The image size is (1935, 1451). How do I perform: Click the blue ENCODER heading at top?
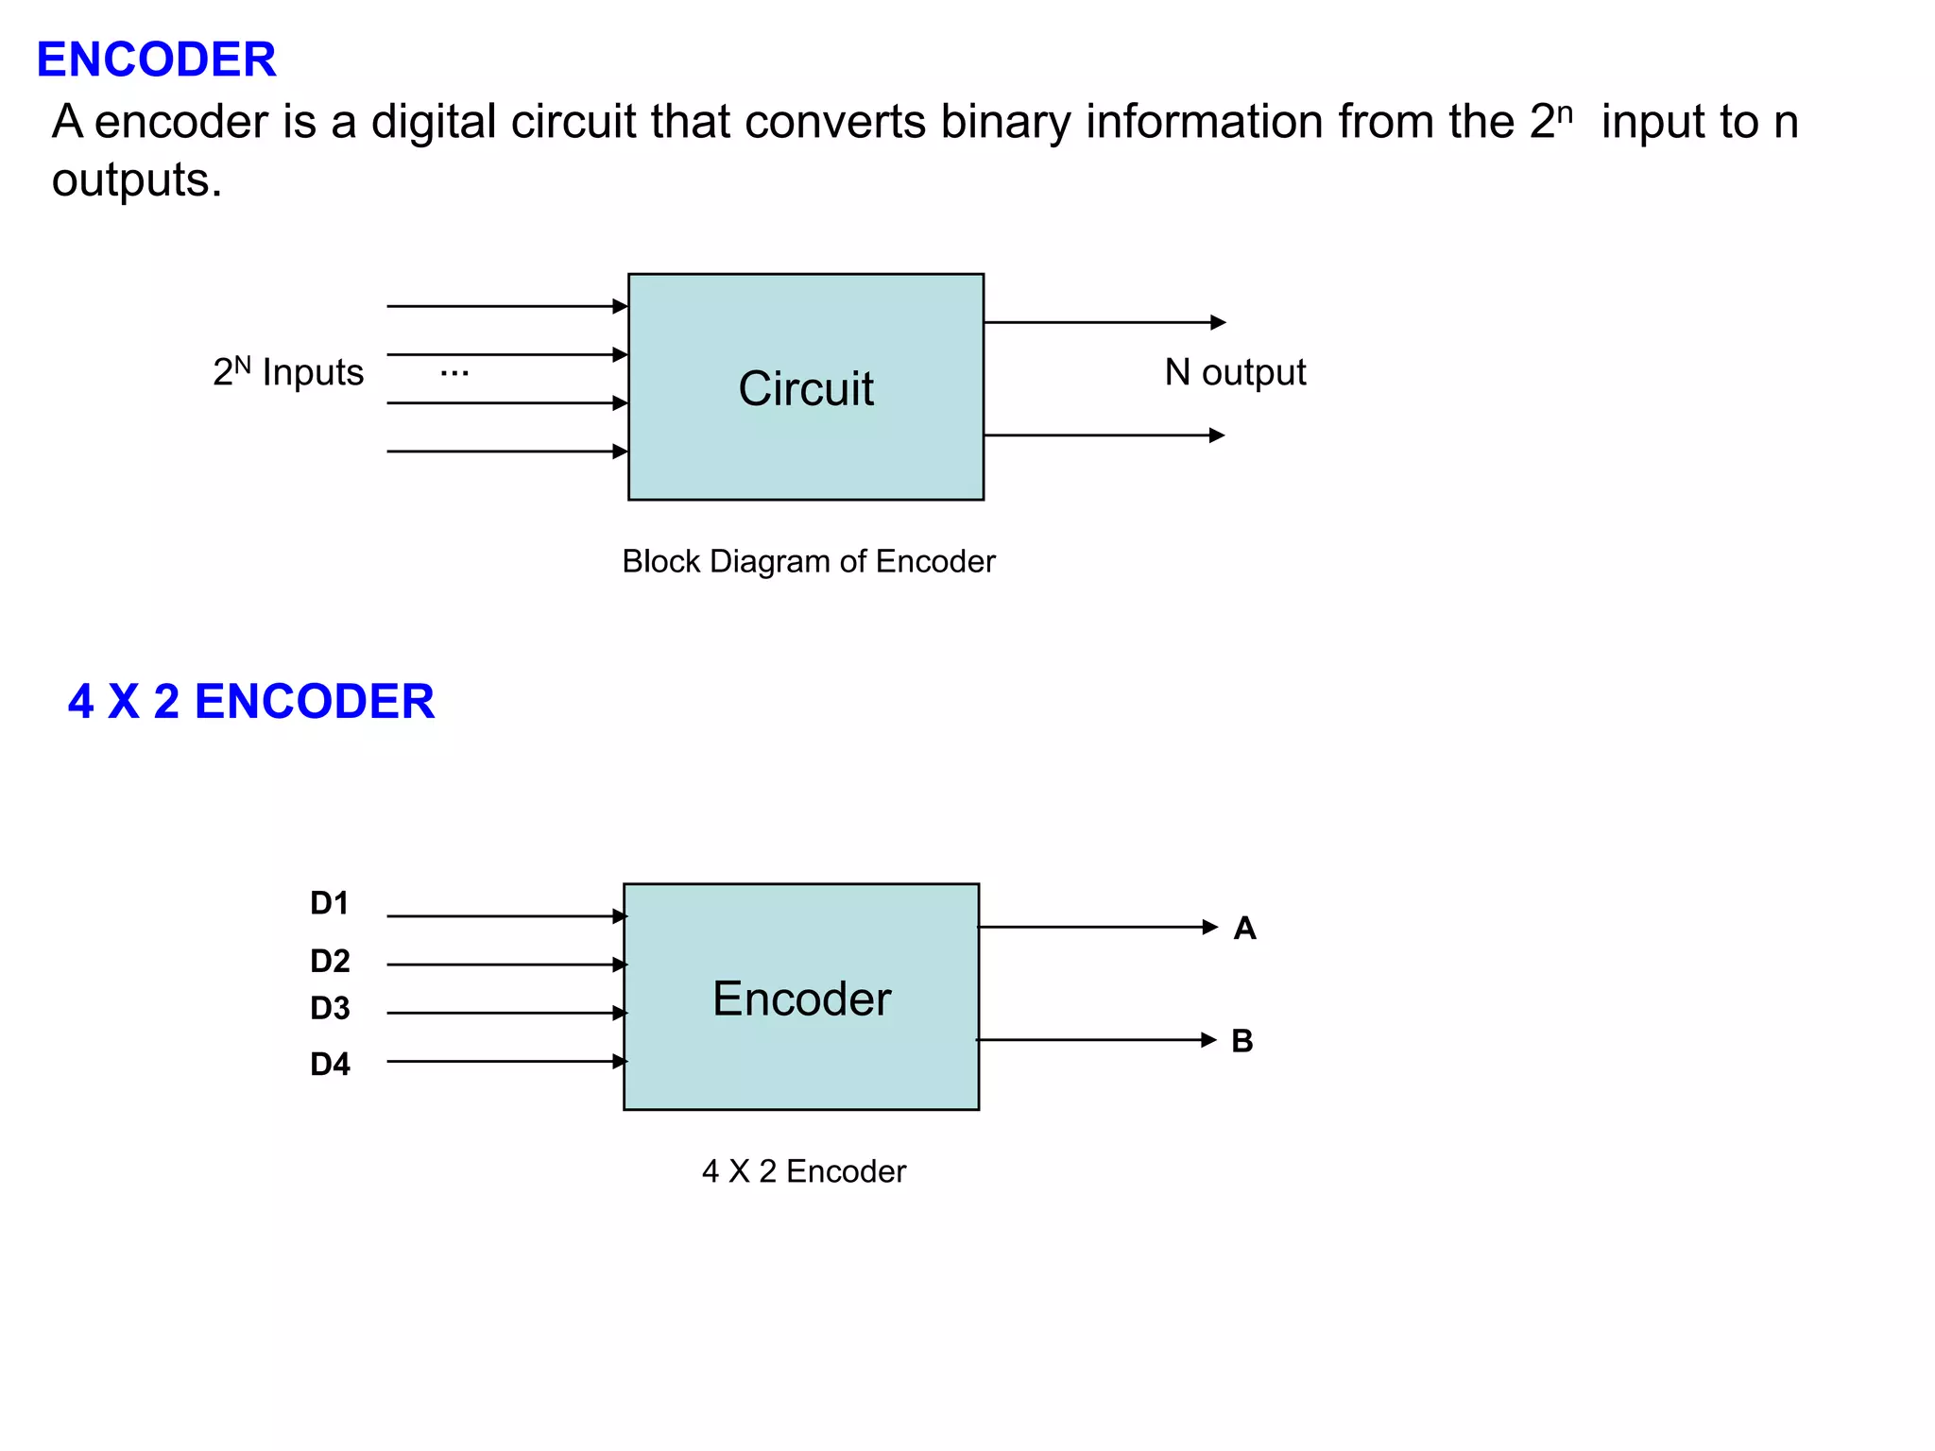[156, 60]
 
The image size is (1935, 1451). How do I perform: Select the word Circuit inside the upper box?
[806, 388]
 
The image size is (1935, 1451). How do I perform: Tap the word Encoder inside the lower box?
[801, 999]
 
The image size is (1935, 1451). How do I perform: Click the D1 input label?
[330, 903]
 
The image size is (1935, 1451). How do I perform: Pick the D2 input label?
[330, 961]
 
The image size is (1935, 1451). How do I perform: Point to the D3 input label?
[330, 1008]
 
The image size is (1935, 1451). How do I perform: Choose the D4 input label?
[330, 1064]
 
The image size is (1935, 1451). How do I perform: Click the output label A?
[1244, 928]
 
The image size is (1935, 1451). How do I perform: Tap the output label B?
[1242, 1041]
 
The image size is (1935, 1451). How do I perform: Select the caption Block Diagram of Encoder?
[808, 561]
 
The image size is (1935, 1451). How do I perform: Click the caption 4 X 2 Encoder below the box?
[803, 1171]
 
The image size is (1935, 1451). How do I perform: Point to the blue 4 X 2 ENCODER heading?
[250, 702]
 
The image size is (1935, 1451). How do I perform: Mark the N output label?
[1235, 372]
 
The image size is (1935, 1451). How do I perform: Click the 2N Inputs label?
[288, 372]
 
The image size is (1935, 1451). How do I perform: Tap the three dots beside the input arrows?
[454, 373]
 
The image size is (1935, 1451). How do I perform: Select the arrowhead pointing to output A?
[1209, 927]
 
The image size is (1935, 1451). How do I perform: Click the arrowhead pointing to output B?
[1208, 1040]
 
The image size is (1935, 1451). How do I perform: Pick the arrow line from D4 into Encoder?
[501, 1061]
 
